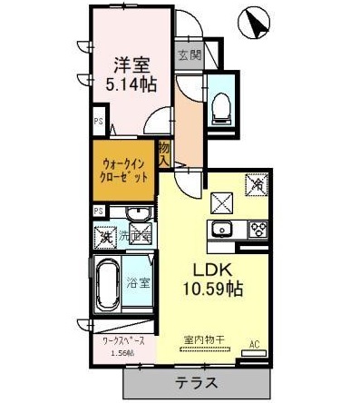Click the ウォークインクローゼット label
click(122, 171)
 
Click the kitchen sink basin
click(222, 228)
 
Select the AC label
click(255, 344)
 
